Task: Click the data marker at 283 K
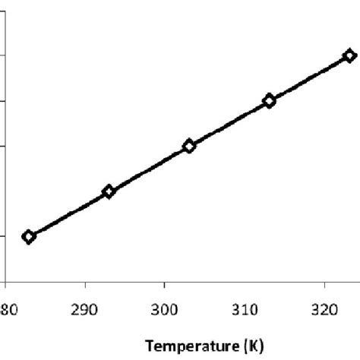pos(29,237)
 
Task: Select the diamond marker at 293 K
pos(109,191)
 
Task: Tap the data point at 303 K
pos(189,146)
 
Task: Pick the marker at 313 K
pos(269,100)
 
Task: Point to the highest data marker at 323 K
pos(349,55)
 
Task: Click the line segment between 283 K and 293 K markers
pos(68,214)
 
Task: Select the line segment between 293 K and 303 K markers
pos(149,169)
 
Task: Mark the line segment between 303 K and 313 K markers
pos(229,123)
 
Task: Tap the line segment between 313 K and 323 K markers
pos(308,78)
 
